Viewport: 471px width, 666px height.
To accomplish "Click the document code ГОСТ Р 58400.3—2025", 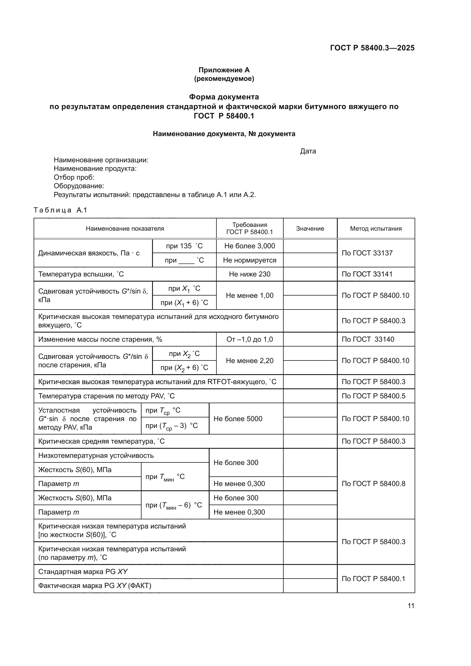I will tap(372, 48).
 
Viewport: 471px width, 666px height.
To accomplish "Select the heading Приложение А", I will tap(224, 70).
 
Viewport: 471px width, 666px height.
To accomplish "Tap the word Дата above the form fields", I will tap(308, 151).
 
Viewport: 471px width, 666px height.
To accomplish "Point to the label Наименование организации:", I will tap(101, 160).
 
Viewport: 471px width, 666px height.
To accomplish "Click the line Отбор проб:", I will tap(74, 177).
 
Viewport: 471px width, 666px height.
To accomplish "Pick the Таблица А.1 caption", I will tap(60, 210).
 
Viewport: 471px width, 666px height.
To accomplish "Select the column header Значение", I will tap(310, 229).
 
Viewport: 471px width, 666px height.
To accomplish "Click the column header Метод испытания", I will tap(376, 229).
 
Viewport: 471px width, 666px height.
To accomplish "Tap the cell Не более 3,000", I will tap(249, 246).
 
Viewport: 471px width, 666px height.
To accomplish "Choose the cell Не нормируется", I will tap(249, 260).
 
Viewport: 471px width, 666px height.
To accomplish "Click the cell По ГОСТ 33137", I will tap(367, 253).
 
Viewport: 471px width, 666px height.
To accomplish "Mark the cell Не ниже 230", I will tap(249, 274).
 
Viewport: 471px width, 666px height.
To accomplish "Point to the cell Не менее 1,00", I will tap(249, 296).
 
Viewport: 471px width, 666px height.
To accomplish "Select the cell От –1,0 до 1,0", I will tap(249, 339).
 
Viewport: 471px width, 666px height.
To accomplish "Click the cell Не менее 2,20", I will tap(249, 360).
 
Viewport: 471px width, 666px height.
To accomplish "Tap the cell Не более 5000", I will tap(238, 419).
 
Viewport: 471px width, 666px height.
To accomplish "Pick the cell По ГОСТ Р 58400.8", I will tap(373, 483).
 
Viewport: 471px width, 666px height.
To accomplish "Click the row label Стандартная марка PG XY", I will tap(83, 571).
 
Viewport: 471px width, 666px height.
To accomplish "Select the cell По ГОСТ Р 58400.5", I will tap(373, 396).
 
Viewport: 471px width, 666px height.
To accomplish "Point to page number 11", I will tap(411, 606).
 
